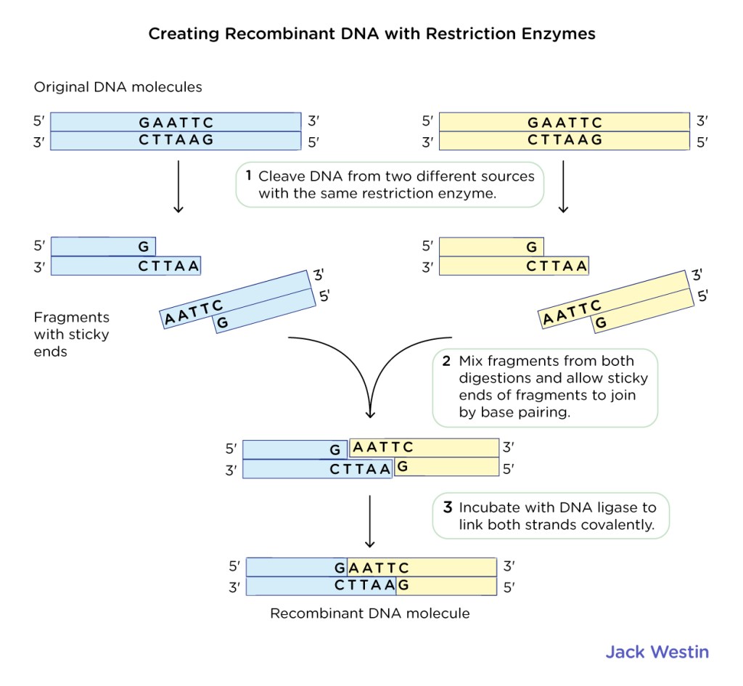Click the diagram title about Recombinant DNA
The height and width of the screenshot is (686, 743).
(371, 34)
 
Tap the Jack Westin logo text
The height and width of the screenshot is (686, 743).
(657, 651)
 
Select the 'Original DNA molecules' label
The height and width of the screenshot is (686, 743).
(118, 87)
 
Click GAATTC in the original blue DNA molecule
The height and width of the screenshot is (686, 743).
(176, 123)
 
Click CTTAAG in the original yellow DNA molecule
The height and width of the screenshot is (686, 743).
(565, 140)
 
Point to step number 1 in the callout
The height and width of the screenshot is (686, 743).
(248, 176)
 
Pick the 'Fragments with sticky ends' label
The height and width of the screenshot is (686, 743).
(71, 335)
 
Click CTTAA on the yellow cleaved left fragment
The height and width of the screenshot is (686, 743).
(556, 266)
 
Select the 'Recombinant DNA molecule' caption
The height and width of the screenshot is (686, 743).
(370, 613)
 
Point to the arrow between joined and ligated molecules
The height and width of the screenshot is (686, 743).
(370, 520)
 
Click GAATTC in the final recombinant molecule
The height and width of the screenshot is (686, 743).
(372, 568)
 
